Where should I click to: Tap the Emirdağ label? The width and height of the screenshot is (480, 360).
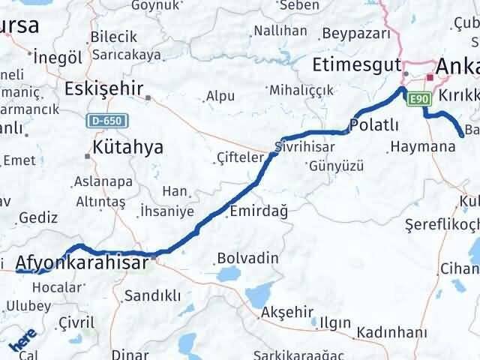pyautogui.click(x=259, y=211)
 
